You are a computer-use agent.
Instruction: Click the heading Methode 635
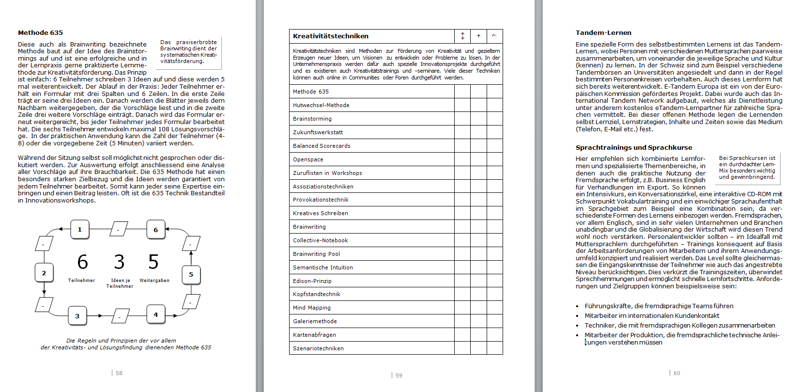pos(40,33)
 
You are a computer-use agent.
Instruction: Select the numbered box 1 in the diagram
pos(80,229)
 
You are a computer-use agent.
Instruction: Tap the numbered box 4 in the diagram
pos(156,314)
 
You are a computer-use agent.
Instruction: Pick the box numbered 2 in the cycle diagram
pos(44,273)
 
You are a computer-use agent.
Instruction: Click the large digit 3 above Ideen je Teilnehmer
pos(119,262)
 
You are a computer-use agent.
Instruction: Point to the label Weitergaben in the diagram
pos(154,281)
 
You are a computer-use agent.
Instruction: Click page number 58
pos(119,373)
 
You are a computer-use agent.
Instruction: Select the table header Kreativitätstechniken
pos(331,36)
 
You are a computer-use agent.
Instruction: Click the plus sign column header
pos(478,36)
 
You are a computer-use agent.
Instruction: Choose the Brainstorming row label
pos(312,119)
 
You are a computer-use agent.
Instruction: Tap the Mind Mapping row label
pos(312,308)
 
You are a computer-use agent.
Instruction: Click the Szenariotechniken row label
pos(318,348)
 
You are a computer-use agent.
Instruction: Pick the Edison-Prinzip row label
pos(312,281)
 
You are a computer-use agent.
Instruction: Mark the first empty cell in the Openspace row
pos(462,159)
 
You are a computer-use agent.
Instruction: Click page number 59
pos(399,376)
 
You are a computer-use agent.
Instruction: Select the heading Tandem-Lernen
pos(603,33)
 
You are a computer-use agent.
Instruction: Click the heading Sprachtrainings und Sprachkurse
pos(634,148)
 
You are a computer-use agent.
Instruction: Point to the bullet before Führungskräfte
pos(577,306)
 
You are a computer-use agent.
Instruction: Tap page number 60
pos(677,373)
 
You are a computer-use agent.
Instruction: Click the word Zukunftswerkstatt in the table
pos(318,132)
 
